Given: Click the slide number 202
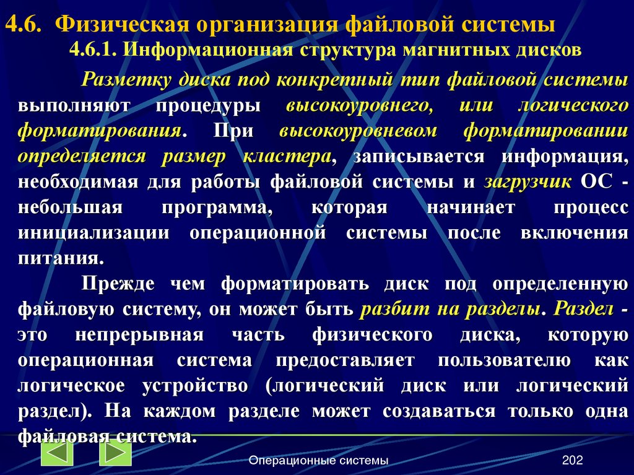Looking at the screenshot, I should coord(573,460).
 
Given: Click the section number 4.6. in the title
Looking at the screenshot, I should coord(25,25).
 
